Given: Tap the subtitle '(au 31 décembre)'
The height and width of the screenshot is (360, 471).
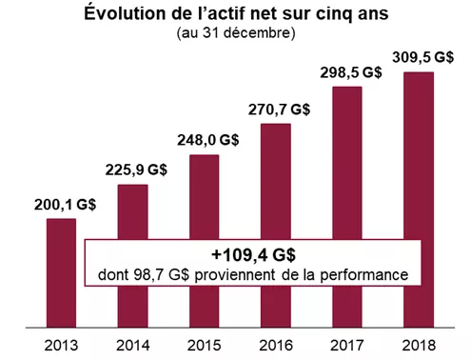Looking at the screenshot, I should (236, 34).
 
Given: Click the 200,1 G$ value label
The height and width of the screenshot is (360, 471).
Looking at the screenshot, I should (62, 204).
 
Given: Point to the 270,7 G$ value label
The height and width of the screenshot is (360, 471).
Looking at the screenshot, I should (277, 110).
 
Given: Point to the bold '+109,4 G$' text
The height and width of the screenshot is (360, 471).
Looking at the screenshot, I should (252, 254).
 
